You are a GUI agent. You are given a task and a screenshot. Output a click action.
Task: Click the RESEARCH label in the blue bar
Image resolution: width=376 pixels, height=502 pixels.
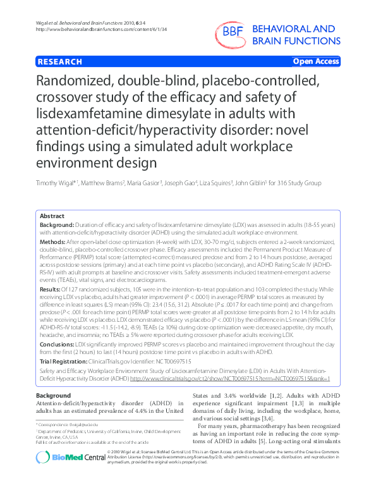tap(59, 61)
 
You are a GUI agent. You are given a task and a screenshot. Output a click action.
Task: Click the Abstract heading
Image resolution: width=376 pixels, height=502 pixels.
tap(52, 216)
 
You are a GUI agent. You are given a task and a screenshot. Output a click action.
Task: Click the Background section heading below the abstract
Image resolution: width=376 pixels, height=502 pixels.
tap(53, 395)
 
